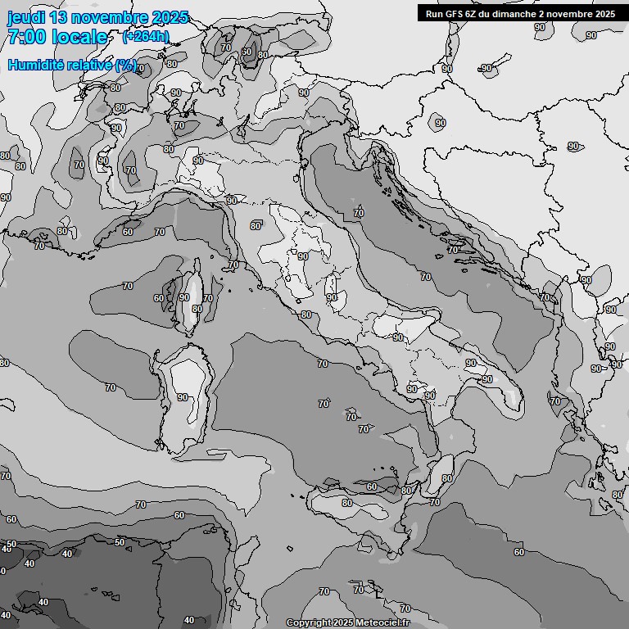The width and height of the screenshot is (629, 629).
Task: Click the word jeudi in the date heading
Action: coord(26,17)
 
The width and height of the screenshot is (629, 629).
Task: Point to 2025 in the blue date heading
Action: coord(170,17)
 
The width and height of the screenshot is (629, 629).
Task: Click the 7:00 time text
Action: coord(25,37)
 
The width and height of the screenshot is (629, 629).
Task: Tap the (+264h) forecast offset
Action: coord(145,36)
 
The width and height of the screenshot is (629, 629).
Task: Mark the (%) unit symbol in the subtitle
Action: coord(126,65)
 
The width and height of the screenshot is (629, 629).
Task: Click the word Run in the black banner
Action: coord(434,13)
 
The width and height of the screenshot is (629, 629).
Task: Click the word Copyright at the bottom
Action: coord(308,622)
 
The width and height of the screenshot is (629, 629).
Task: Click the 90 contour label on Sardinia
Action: coord(182,397)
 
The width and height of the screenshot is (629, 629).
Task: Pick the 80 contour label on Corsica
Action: coord(197,309)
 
